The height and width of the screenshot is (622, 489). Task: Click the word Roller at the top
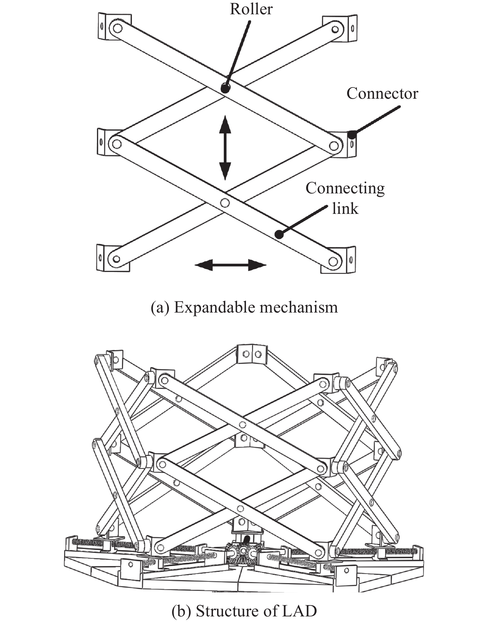(251, 9)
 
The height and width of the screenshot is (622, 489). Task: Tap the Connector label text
(382, 94)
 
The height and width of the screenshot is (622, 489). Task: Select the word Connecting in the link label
(345, 188)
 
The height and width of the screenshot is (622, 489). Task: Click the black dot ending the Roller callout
(225, 88)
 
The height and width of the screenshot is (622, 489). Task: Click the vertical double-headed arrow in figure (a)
(225, 148)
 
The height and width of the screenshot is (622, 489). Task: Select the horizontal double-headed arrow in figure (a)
(230, 265)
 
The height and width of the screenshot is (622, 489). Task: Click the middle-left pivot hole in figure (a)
(117, 144)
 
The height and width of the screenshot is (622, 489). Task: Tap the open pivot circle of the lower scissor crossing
(225, 203)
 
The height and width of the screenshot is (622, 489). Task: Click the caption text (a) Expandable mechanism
(244, 308)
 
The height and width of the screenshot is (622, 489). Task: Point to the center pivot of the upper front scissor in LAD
(242, 424)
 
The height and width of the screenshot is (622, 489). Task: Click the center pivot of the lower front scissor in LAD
(239, 508)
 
